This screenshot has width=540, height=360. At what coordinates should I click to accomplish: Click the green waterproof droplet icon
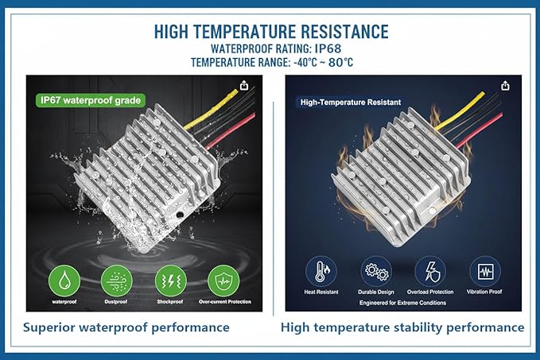click(64, 281)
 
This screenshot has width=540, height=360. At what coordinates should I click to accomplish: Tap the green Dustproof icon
click(117, 281)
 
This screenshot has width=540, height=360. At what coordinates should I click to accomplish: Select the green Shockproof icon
click(170, 281)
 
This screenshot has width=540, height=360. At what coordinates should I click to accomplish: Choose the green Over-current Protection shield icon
click(223, 281)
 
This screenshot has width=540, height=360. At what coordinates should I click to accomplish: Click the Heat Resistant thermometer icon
click(321, 272)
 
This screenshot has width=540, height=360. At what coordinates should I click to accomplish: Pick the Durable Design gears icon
click(376, 272)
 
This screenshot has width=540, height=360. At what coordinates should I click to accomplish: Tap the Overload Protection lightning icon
click(430, 272)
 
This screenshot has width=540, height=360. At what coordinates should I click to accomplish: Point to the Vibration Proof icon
click(485, 272)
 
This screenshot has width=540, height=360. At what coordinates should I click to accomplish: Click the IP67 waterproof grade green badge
click(91, 100)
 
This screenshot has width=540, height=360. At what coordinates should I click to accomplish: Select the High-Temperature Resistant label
click(350, 103)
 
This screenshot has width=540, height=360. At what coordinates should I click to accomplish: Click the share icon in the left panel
click(244, 85)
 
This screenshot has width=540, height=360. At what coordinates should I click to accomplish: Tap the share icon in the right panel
click(505, 85)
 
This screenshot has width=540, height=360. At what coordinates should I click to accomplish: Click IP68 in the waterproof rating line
click(328, 48)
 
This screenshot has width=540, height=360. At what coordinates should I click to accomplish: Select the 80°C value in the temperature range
click(340, 63)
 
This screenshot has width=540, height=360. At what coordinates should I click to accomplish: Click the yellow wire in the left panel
click(210, 110)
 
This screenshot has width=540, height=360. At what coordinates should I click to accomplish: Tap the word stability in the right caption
click(418, 327)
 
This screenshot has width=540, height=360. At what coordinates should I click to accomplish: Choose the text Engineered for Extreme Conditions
click(402, 303)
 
